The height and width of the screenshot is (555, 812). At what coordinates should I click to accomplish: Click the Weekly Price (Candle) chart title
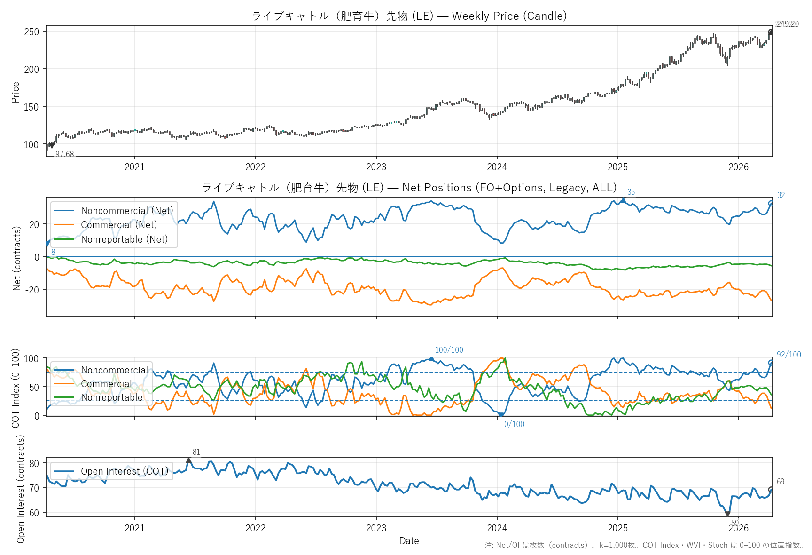pyautogui.click(x=409, y=16)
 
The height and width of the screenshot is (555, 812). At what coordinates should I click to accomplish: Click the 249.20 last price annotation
pyautogui.click(x=787, y=24)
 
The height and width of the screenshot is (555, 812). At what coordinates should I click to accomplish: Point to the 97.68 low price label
pyautogui.click(x=64, y=154)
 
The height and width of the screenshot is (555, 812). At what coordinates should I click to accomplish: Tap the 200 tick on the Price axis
pyautogui.click(x=31, y=69)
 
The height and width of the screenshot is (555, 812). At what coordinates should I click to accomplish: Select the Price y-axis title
pyautogui.click(x=16, y=92)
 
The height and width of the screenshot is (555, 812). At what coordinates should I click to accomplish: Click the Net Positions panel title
pyautogui.click(x=409, y=188)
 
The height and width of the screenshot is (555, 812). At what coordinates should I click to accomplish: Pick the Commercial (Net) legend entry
pyautogui.click(x=118, y=225)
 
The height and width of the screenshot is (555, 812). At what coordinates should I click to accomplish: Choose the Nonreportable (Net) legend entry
pyautogui.click(x=124, y=239)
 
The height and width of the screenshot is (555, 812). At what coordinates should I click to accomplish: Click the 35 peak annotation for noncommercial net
pyautogui.click(x=631, y=192)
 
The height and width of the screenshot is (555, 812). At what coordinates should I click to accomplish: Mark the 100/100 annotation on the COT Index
pyautogui.click(x=449, y=350)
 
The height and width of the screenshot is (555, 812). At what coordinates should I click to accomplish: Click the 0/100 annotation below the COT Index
pyautogui.click(x=514, y=424)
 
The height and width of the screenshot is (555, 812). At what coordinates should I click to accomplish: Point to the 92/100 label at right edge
pyautogui.click(x=789, y=355)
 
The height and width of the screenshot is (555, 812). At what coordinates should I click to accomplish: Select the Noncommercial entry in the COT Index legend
pyautogui.click(x=114, y=370)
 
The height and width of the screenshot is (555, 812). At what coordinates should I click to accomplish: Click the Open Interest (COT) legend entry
pyautogui.click(x=124, y=471)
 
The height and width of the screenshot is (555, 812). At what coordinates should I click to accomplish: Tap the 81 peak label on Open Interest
pyautogui.click(x=196, y=452)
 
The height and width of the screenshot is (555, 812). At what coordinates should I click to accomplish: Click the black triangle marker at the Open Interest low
pyautogui.click(x=727, y=514)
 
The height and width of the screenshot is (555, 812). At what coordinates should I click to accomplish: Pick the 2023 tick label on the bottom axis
pyautogui.click(x=376, y=528)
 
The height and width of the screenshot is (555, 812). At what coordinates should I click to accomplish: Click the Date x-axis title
pyautogui.click(x=409, y=541)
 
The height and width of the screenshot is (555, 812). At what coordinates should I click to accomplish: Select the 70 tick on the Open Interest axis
pyautogui.click(x=34, y=488)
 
